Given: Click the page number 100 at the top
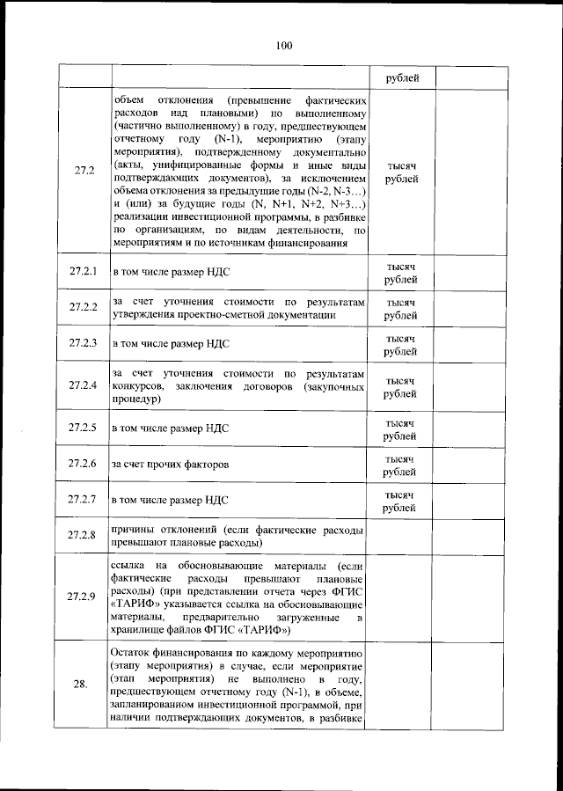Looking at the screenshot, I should pos(282,46).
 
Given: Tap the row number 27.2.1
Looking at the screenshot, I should pos(84,272).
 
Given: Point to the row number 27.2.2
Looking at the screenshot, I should pos(84,307).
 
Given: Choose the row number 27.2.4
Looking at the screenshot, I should pos(84,386).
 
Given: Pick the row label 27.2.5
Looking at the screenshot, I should pos(84,428).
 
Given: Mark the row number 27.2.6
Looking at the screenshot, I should pos(84,464).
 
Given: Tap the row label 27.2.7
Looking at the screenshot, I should pos(84,501).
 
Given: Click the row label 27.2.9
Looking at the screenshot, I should pos(84,597).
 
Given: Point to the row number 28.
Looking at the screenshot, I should pos(84,686).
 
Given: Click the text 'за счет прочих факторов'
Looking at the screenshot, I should pos(171,464).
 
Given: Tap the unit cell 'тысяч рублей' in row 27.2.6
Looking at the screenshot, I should pos(400,465).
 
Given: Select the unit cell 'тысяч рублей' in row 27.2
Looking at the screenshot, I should pos(400,172).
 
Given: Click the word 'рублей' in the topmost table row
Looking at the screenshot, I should pos(401,78).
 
